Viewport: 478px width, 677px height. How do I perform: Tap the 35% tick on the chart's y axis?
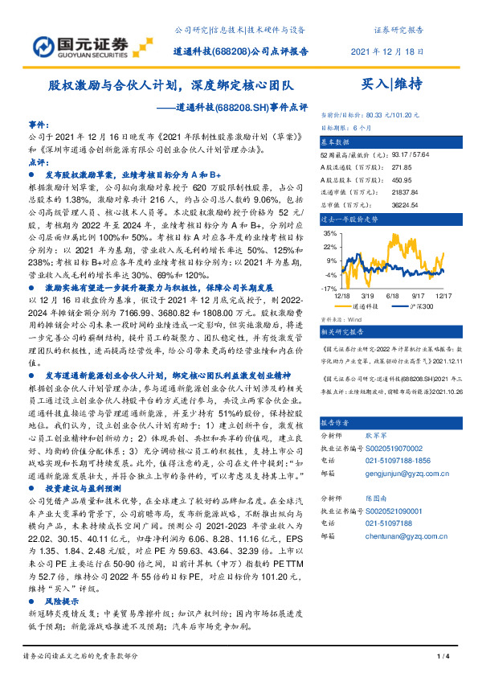point(329,233)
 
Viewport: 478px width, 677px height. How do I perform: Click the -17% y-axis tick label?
point(329,287)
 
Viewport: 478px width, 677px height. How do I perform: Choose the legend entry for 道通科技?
point(366,306)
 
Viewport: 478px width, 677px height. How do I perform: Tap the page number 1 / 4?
point(441,657)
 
